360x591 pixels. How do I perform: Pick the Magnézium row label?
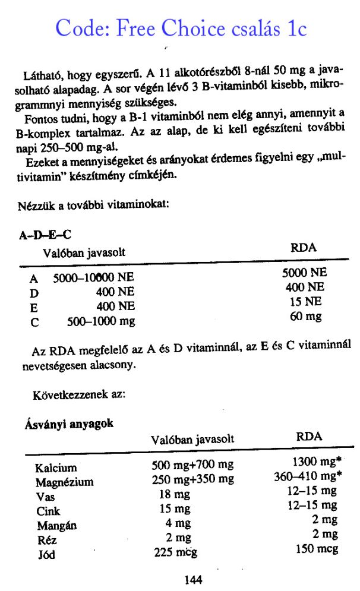[x=64, y=482]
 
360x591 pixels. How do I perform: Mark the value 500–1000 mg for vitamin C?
[x=101, y=321]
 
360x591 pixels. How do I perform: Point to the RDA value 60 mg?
[x=305, y=316]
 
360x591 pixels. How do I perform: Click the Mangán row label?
[x=56, y=525]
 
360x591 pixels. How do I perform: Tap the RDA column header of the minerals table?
[x=309, y=437]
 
